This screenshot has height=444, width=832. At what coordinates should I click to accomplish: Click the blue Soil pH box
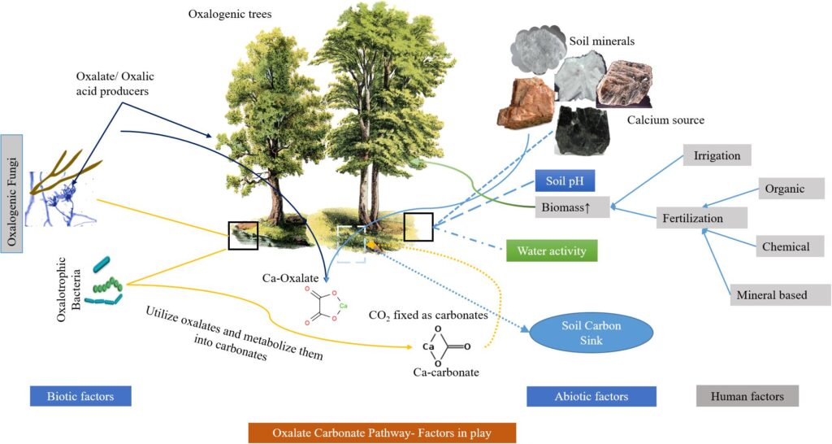(x=564, y=183)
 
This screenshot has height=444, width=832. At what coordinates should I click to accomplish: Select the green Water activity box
(x=551, y=250)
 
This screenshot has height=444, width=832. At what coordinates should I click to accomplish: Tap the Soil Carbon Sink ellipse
(x=580, y=333)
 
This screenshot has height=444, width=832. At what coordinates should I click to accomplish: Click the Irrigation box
(x=717, y=154)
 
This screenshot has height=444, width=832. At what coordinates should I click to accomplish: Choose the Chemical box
(x=786, y=246)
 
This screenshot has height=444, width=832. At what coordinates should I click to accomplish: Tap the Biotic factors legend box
(x=80, y=396)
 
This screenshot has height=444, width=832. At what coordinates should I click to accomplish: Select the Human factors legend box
(x=747, y=396)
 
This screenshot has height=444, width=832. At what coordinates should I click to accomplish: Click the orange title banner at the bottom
(x=382, y=432)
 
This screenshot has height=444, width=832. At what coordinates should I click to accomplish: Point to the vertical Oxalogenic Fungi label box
(x=12, y=185)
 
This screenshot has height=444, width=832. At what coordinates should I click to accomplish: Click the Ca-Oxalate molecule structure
(x=323, y=306)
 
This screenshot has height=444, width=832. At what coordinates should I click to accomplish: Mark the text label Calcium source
(x=665, y=120)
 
